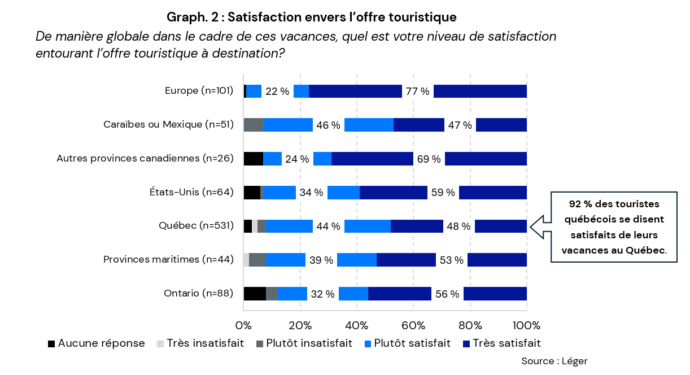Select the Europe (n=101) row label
[199, 91]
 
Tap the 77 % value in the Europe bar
[417, 91]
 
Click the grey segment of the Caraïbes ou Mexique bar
[253, 125]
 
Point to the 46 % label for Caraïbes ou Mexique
[328, 125]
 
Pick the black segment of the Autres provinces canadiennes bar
[253, 159]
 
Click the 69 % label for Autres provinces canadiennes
[429, 159]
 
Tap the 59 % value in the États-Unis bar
[443, 193]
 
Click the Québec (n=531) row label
[196, 226]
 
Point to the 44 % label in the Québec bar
[328, 226]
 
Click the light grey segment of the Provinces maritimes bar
[246, 260]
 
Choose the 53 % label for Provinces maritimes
[451, 260]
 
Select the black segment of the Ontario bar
[254, 294]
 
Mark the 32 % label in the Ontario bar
[322, 294]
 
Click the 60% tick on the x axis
[413, 326]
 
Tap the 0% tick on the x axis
[243, 326]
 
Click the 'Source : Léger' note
[554, 361]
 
